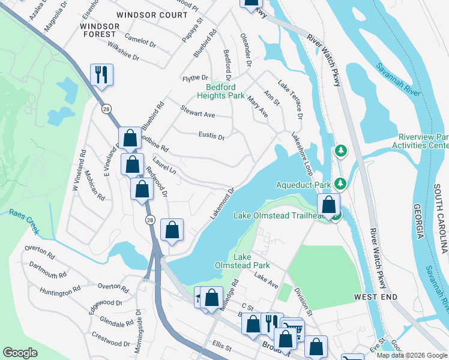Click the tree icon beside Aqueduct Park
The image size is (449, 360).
tap(341, 182)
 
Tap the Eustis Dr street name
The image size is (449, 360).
tap(211, 136)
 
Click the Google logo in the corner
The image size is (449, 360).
tap(20, 353)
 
